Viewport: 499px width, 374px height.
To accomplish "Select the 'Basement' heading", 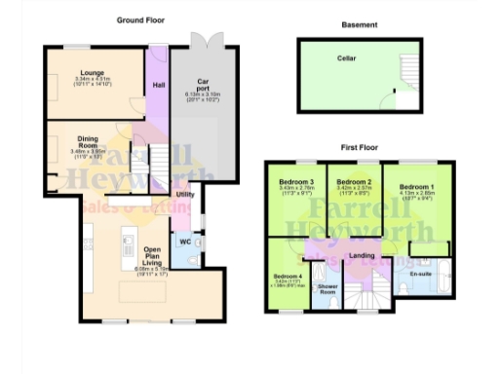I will coord(360,25).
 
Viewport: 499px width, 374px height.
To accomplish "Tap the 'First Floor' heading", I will coord(359,147).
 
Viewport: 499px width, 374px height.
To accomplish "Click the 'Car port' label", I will coord(203,85).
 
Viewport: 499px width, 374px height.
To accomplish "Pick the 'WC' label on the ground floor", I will coord(185,241).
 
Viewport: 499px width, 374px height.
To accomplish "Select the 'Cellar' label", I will coord(346,58).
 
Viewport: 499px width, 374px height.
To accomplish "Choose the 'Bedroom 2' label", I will coord(354,182).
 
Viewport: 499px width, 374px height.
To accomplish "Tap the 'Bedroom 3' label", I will coord(296,182).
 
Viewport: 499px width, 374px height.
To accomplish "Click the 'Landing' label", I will coord(362,255).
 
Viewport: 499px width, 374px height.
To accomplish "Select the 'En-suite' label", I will coord(420,275).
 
